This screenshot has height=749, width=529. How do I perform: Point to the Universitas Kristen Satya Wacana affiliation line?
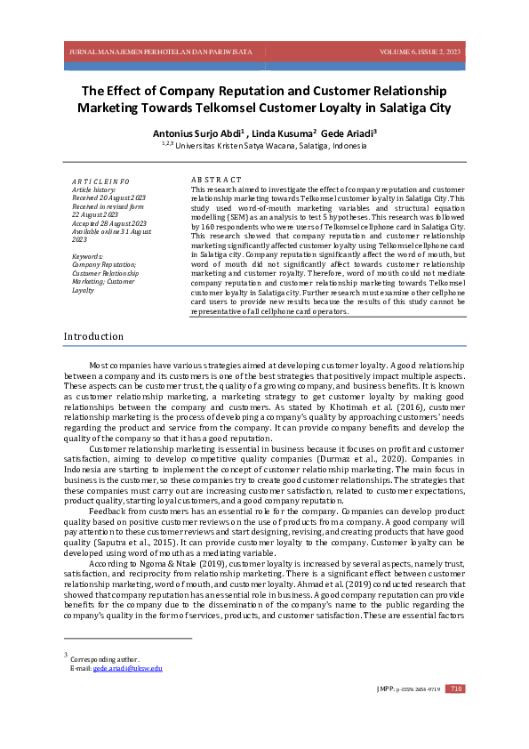coord(264,145)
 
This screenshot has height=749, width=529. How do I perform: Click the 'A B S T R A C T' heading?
coord(216,181)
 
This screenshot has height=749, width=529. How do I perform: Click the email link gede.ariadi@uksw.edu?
coord(128,668)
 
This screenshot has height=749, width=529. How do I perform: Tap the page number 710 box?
coord(454,689)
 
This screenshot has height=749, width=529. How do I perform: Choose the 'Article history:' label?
coord(93,189)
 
